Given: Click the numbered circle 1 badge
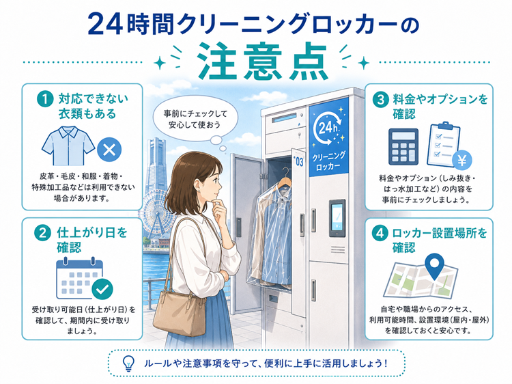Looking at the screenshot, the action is point(45,98).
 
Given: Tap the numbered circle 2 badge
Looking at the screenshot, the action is point(42,233).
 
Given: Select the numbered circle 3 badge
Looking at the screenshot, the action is point(380,99).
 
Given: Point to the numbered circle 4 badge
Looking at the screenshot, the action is point(380,234).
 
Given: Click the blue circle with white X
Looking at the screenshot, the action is point(109,150).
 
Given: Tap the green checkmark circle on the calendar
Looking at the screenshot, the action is point(102,289).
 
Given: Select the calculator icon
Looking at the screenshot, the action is point(403,147).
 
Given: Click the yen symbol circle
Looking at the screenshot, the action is point(462,160).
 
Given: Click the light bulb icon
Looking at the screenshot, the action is point(128,364).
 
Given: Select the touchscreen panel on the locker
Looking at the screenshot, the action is point(337,218).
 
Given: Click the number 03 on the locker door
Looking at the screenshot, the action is point(299,162).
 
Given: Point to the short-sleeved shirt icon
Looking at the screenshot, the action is point(68,146).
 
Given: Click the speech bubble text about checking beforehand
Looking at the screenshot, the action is point(195,120).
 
